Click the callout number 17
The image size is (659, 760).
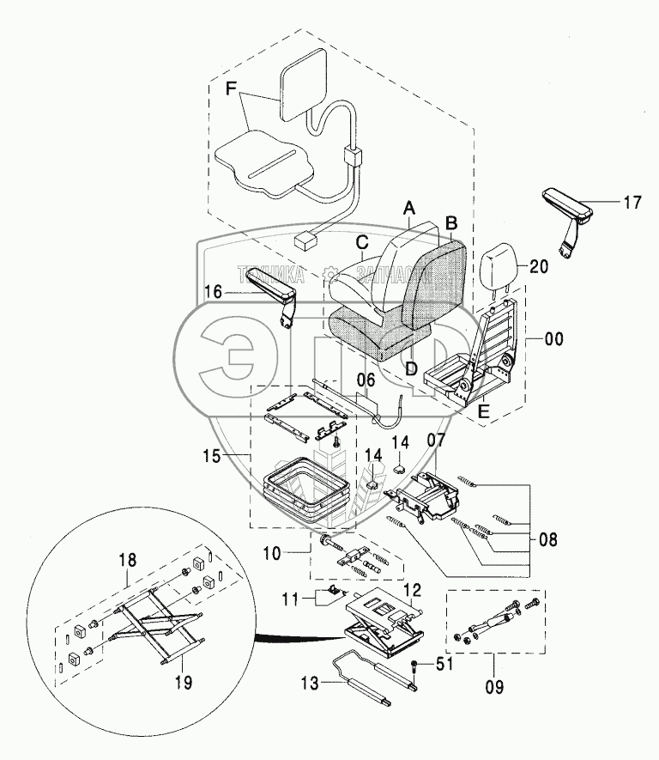coord(632,204)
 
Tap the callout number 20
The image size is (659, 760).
coord(539,267)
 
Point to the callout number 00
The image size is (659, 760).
coord(554,339)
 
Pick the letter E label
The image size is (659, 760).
coord(484,411)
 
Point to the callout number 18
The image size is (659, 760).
coord(126,560)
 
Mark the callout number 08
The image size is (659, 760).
coord(548,540)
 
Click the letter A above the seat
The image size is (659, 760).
coord(409,208)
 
